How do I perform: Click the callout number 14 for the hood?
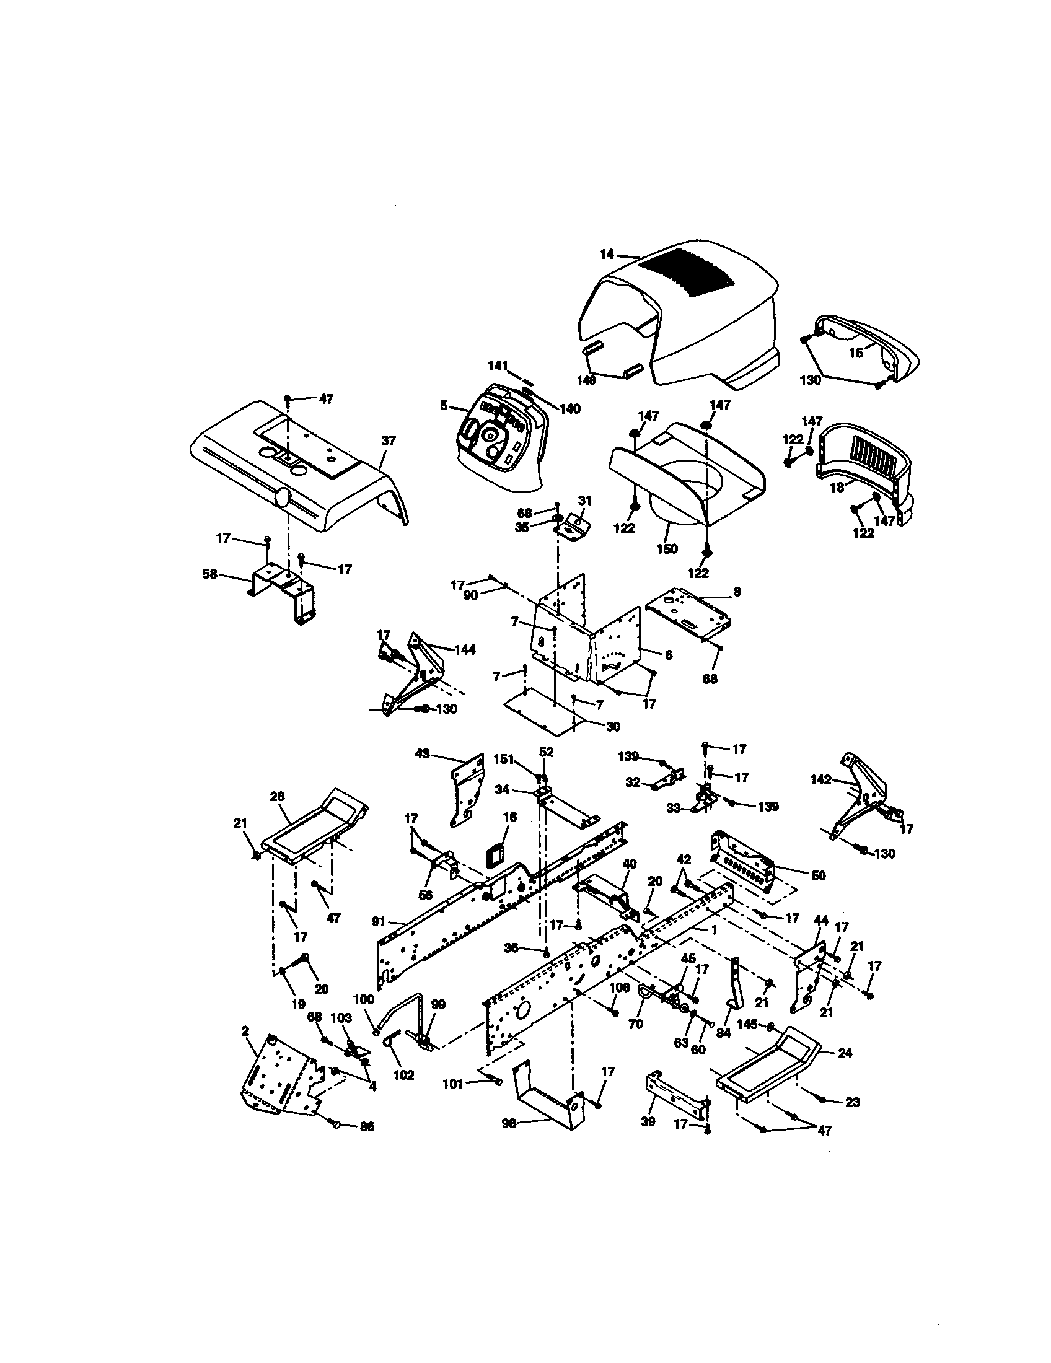pos(607,254)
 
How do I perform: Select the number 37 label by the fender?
pos(388,440)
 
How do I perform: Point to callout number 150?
pos(667,548)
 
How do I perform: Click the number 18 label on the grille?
pos(837,488)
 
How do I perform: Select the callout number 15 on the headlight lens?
pos(856,353)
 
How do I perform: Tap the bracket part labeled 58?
pos(281,587)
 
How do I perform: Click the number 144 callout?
pos(464,650)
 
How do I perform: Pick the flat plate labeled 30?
pos(543,711)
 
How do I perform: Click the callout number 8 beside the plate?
pos(737,591)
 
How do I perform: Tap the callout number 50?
pos(818,875)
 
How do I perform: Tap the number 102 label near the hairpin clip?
pos(404,1076)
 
